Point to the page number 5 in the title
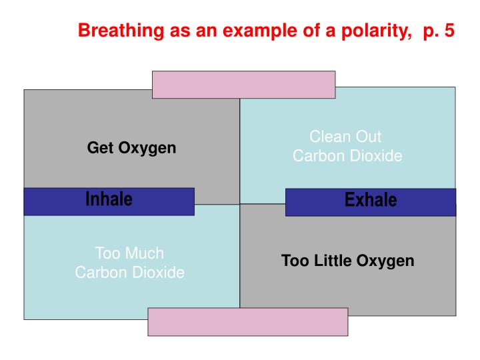pyautogui.click(x=448, y=31)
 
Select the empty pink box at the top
pyautogui.click(x=243, y=85)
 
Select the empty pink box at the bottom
pyautogui.click(x=247, y=321)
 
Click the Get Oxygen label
pyautogui.click(x=131, y=148)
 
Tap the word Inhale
pyautogui.click(x=109, y=199)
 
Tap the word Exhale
pyautogui.click(x=370, y=200)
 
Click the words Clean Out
pyautogui.click(x=345, y=137)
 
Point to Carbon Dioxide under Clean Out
pyautogui.click(x=347, y=156)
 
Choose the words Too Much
pyautogui.click(x=129, y=253)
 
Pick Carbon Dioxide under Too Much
pyautogui.click(x=129, y=273)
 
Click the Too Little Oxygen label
pyautogui.click(x=347, y=261)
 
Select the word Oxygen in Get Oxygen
pyautogui.click(x=147, y=148)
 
